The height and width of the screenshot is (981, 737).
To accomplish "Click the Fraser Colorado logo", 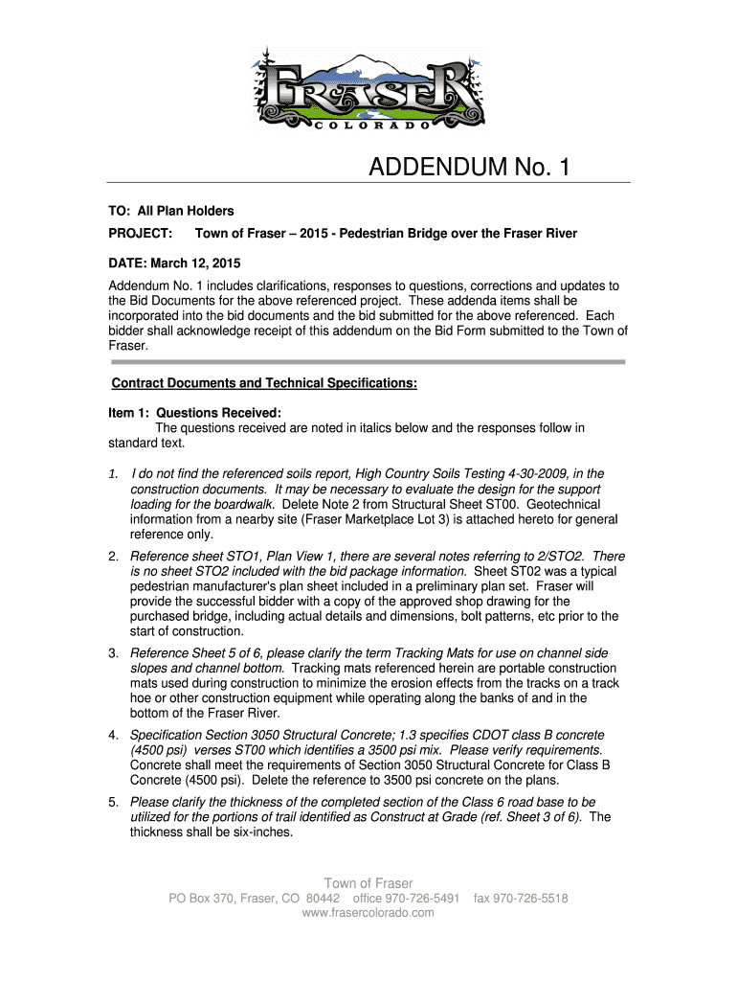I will (x=368, y=88).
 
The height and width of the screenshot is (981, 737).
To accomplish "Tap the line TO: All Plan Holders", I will (x=169, y=211).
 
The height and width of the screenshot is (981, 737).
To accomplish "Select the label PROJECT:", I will (x=140, y=235).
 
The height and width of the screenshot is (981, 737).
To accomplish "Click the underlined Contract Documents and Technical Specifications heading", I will (x=264, y=383).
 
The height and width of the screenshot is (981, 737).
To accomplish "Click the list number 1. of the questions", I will (x=113, y=474).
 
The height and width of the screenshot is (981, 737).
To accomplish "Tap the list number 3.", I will (x=113, y=653).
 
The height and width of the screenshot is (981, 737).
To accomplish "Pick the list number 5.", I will (x=113, y=802).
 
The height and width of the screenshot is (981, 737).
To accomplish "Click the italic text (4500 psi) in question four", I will (x=164, y=750).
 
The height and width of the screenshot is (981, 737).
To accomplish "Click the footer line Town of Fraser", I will (x=368, y=883).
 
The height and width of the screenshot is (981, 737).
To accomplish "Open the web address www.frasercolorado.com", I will (x=368, y=913).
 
